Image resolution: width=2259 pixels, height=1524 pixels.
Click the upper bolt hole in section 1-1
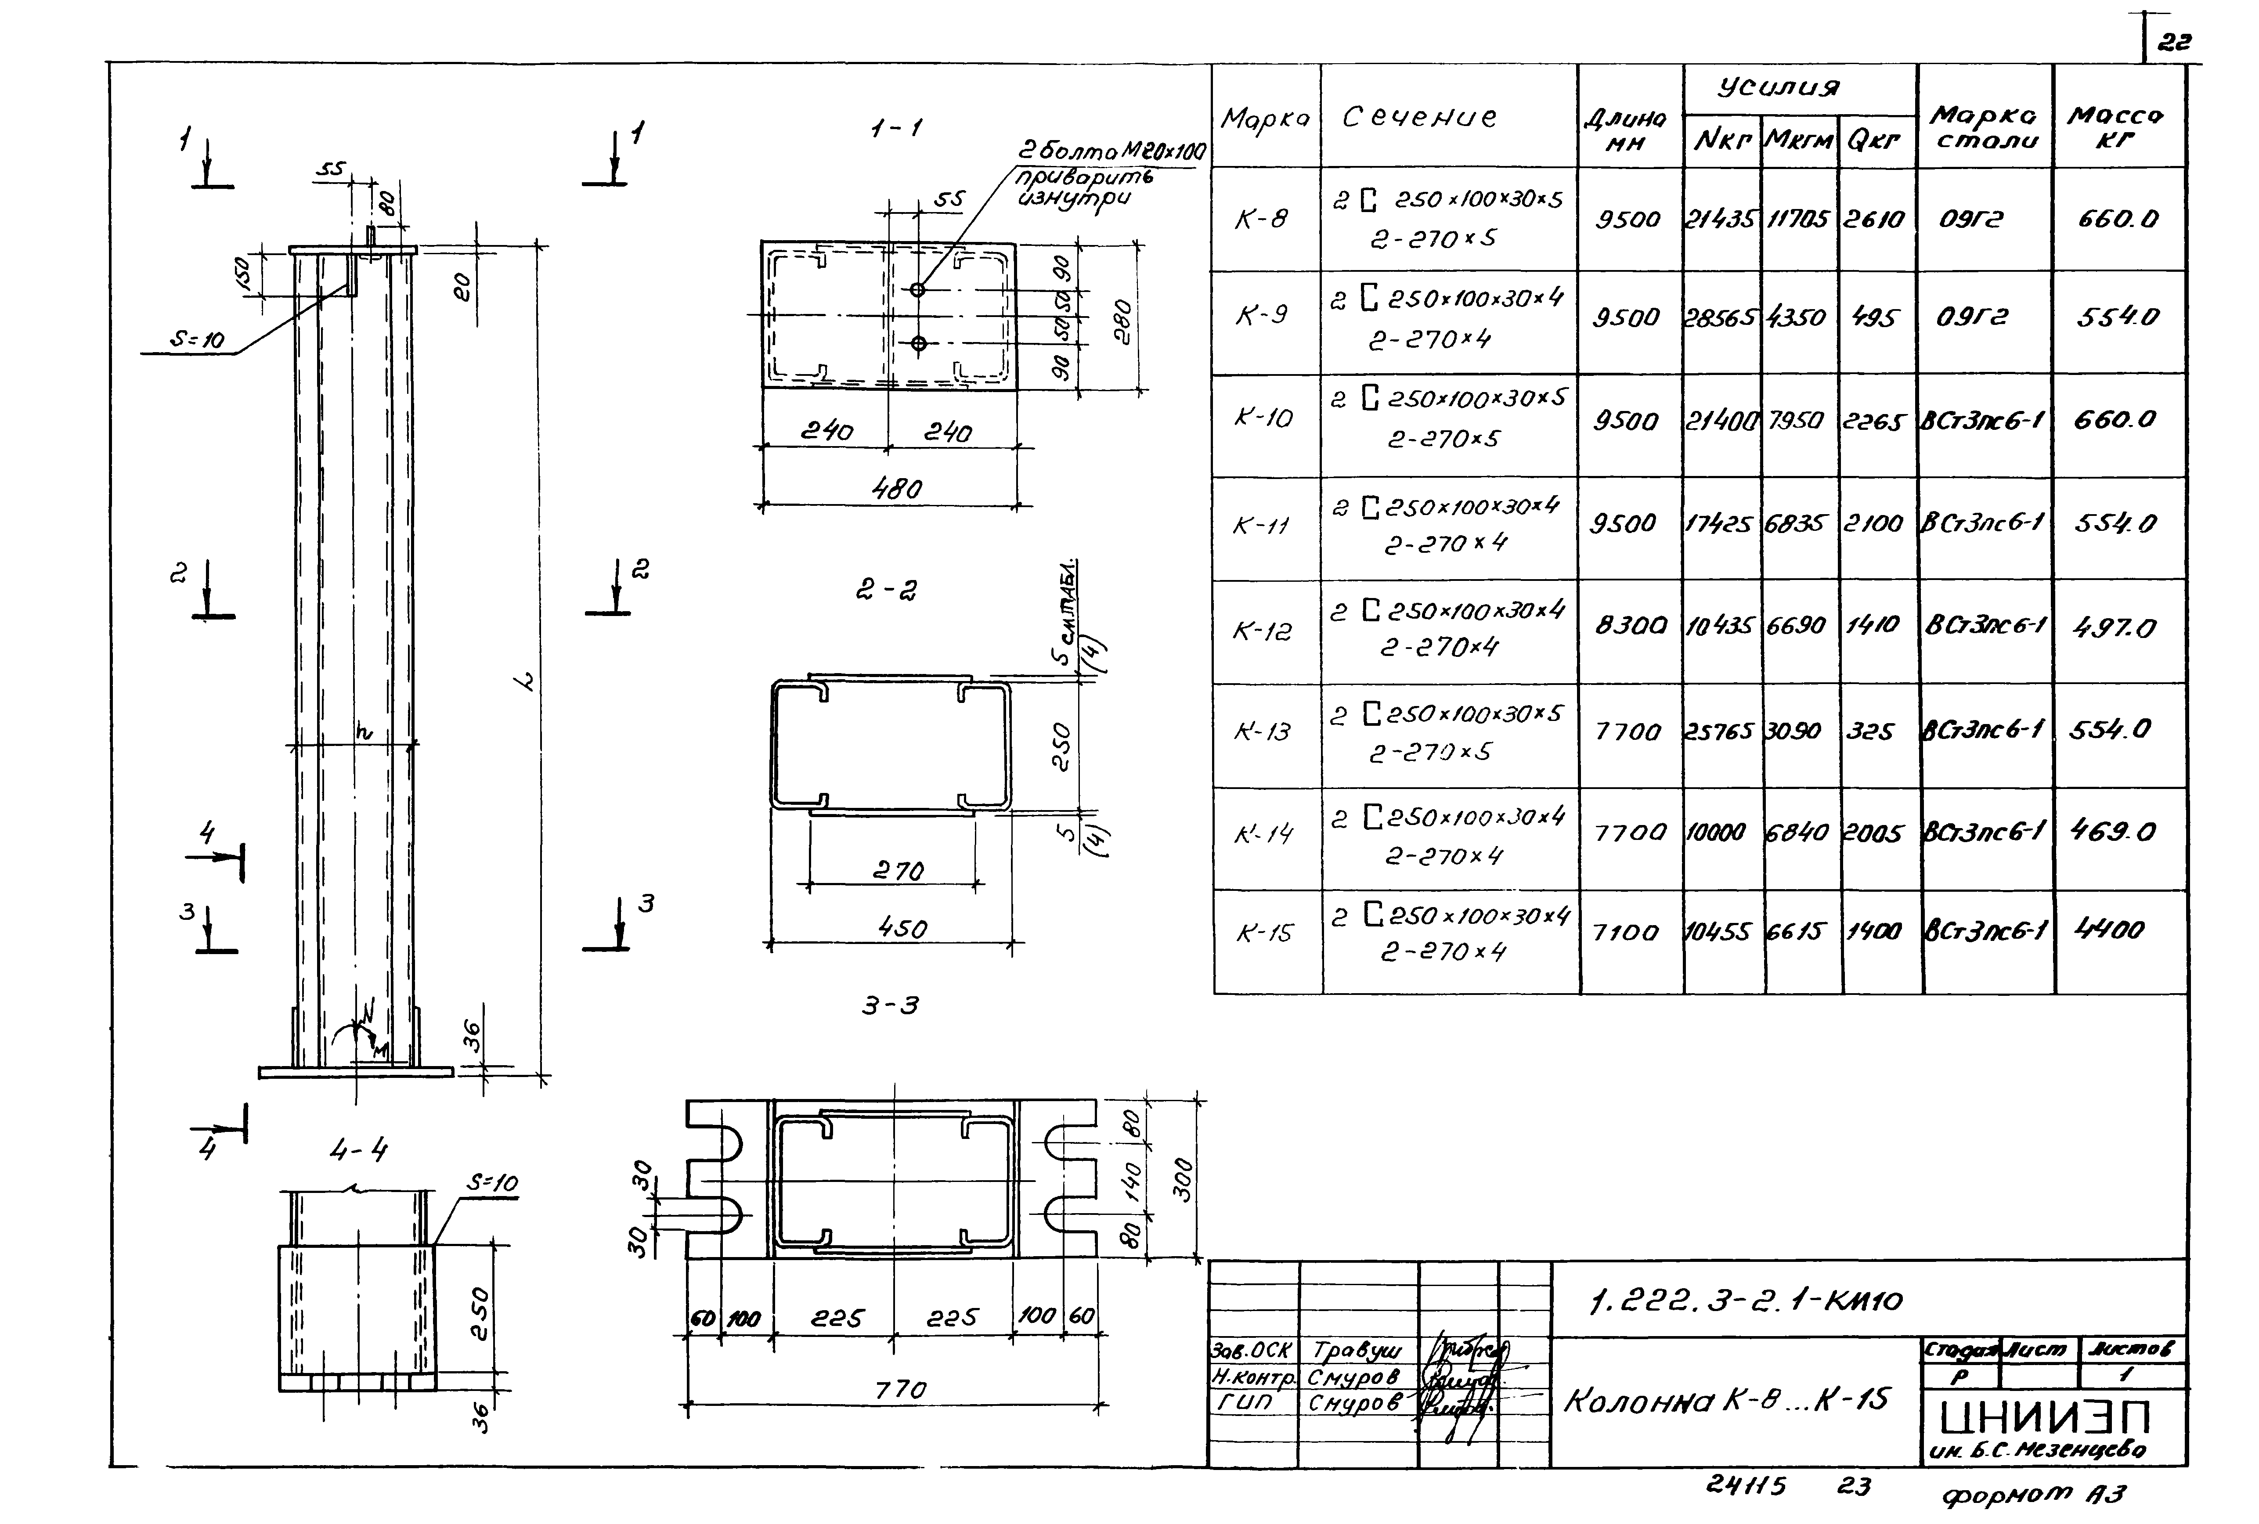[x=917, y=290]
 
